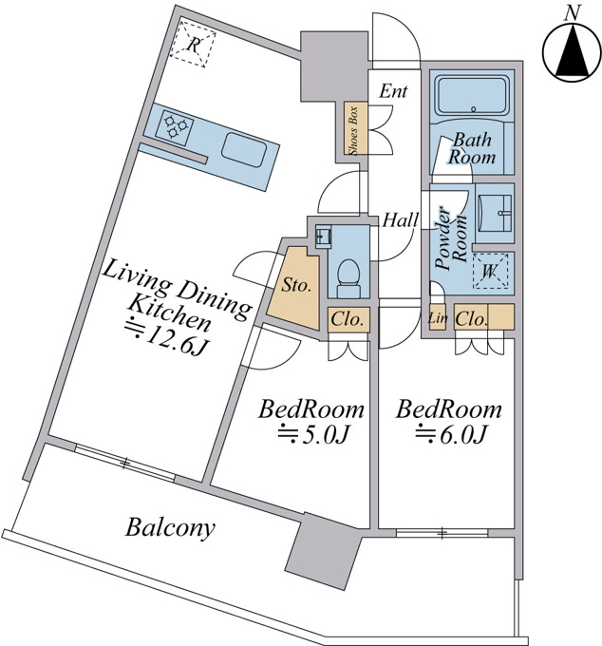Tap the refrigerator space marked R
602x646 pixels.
pyautogui.click(x=193, y=44)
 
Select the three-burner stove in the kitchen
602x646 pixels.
pyautogui.click(x=175, y=123)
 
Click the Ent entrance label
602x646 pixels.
pyautogui.click(x=393, y=91)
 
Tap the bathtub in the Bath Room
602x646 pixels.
pyautogui.click(x=472, y=96)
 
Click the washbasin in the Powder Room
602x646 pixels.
pyautogui.click(x=495, y=213)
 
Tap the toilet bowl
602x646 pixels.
pyautogui.click(x=348, y=276)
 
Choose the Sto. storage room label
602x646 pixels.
pyautogui.click(x=296, y=285)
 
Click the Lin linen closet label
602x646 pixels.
pyautogui.click(x=438, y=317)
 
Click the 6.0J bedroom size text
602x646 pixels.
pyautogui.click(x=452, y=435)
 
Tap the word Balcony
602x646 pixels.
pyautogui.click(x=170, y=527)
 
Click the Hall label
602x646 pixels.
pyautogui.click(x=401, y=220)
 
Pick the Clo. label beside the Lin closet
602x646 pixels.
pyautogui.click(x=472, y=318)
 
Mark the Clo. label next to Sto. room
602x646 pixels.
pyautogui.click(x=348, y=319)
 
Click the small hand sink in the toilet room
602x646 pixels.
pyautogui.click(x=324, y=237)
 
